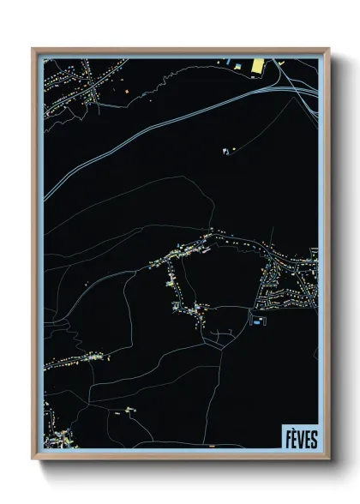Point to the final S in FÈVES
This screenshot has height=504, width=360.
[314, 438]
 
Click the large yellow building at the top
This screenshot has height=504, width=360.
[256, 65]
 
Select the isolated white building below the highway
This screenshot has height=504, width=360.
[225, 150]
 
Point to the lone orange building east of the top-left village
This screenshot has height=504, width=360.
[123, 90]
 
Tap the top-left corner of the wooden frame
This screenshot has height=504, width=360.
[33, 48]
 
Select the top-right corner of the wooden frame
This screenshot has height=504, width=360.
[328, 48]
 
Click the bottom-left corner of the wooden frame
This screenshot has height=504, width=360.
[33, 459]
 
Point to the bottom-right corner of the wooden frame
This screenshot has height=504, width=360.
[328, 459]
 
